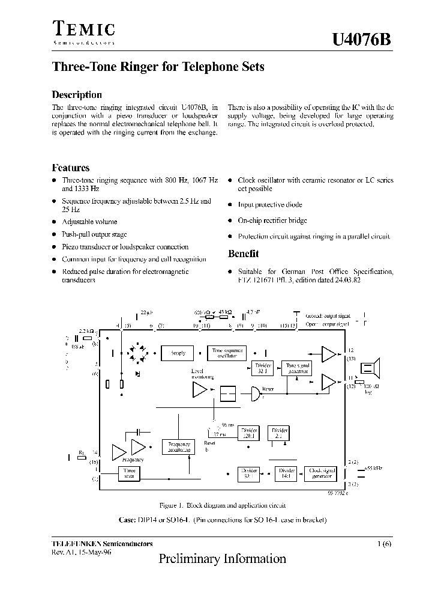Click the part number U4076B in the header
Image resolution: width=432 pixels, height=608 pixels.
point(362,40)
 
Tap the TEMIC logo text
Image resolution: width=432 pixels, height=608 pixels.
point(83,29)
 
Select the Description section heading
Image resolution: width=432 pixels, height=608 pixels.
point(77,94)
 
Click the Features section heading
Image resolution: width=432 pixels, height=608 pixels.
point(71,168)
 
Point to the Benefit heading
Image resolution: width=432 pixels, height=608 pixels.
point(243,254)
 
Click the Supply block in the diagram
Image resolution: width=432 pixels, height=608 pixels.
point(178,353)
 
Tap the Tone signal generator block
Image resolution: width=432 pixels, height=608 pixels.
point(298,368)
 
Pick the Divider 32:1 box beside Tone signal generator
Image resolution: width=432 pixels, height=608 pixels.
point(263,368)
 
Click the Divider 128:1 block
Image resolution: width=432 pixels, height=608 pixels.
point(249,433)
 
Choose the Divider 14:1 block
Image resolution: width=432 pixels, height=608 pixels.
point(286,473)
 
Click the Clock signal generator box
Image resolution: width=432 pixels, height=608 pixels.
point(321,473)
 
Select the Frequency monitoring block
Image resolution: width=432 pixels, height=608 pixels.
point(179,446)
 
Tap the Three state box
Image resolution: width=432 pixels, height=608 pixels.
point(130,473)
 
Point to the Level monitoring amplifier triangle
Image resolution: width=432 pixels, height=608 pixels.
point(199,391)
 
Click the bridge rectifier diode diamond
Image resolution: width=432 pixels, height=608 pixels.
point(136,353)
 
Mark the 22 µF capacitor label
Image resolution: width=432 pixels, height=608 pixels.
point(146,312)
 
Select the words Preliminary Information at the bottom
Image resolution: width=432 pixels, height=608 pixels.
point(222,559)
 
